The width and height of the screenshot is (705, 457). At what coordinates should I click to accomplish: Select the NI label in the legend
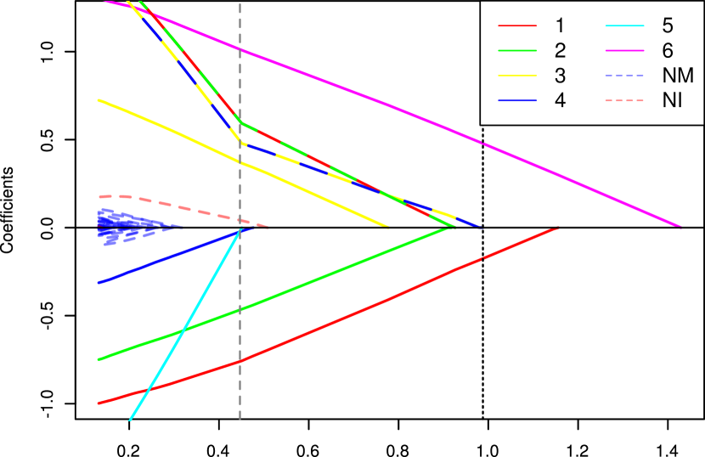[671, 100]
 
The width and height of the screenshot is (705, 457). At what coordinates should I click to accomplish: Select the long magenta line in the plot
[425, 120]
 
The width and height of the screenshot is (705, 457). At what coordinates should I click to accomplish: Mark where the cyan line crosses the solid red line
[149, 390]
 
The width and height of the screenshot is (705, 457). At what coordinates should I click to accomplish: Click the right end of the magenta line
[680, 226]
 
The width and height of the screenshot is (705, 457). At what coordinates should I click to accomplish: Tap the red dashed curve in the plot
[170, 204]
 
